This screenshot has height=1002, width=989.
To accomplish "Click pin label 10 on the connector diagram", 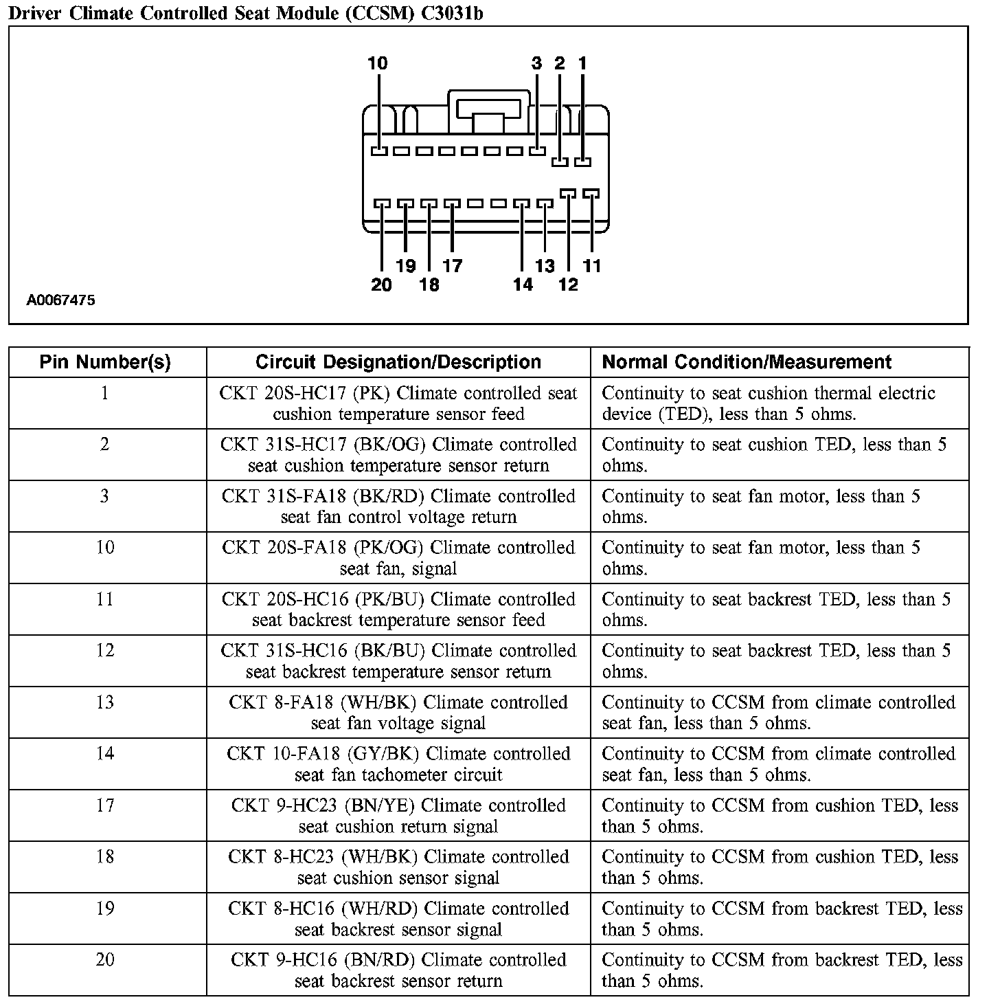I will point(377,64).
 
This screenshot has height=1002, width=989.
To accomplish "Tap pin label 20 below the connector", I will point(381,285).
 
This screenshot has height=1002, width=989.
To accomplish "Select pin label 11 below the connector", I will point(591,266).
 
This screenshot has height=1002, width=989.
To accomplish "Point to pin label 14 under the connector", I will point(523,285).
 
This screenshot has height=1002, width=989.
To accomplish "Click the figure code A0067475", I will point(61,300).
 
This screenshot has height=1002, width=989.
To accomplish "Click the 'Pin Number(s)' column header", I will point(105,362).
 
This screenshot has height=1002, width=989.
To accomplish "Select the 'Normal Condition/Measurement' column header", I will point(747,362).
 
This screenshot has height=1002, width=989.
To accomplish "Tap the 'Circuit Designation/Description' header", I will point(398,362).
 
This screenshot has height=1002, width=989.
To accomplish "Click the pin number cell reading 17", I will point(105,805).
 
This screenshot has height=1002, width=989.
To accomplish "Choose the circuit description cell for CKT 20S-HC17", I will point(398,403).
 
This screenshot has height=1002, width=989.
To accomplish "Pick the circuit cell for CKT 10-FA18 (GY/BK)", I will point(398,764).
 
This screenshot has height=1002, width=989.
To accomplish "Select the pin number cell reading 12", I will point(105,650).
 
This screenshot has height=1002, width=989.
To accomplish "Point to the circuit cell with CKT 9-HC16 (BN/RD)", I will point(398,970).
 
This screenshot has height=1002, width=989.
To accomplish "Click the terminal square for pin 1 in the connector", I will point(582,162).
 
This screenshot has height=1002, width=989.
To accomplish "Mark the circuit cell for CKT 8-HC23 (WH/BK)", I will point(398,867).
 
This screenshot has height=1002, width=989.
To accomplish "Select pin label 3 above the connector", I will point(537,64).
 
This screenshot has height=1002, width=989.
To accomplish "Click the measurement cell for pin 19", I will point(782,918).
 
